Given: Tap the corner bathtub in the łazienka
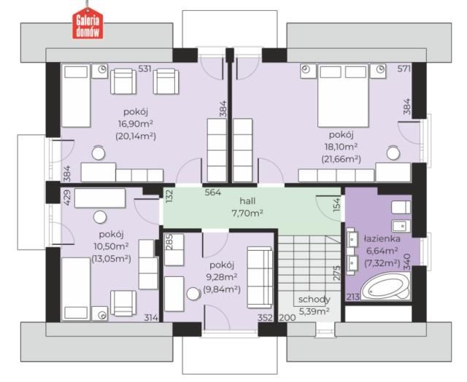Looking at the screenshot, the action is pos(385,286).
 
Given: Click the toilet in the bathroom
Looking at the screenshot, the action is pos(401,207).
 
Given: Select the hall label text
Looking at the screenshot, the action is pos(247,201).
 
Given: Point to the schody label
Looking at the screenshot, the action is pos(314,300).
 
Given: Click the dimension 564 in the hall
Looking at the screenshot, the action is pos(213,192).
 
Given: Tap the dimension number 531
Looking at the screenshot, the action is pos(144,69).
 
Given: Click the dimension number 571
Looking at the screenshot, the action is pos(404,69).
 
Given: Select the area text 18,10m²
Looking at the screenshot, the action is pos(341,147).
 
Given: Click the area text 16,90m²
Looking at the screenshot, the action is pos(136,124).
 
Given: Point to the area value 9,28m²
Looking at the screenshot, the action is pos(222,277).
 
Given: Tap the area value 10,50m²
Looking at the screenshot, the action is pos(111,246).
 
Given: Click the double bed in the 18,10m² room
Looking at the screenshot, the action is pos(343,96).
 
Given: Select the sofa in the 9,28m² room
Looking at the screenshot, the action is pos(260,277).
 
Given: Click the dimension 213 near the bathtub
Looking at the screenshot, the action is pos(353,297).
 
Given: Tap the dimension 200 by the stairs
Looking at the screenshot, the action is pos(287,318).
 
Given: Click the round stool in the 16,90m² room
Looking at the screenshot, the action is pos(99,153).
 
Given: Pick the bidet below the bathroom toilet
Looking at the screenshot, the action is pos(401,227).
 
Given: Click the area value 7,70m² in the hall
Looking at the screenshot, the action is pos(247,213).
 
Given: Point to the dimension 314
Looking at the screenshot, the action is pos(151,318).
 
